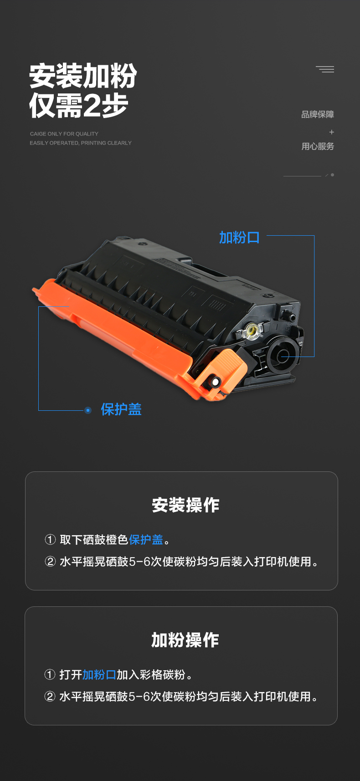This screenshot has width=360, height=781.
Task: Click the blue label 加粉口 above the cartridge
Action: pos(239,238)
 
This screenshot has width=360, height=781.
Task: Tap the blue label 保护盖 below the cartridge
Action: pos(121,409)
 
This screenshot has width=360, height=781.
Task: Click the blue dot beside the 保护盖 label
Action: pos(88,410)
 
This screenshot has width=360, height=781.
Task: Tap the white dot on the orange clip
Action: pos(215,383)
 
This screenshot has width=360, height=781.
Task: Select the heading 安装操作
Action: pos(185,505)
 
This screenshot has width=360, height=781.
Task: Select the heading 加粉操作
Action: pos(185,640)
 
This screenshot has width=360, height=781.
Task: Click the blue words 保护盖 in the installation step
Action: pos(146,540)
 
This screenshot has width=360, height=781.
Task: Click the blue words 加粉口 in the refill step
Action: pos(99,675)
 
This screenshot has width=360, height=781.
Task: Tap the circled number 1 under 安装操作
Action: pos(50,540)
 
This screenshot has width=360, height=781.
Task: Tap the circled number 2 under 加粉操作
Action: pos(50,697)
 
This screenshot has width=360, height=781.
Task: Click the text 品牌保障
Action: pos(318,114)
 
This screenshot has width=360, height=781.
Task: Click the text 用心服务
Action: pos(318,146)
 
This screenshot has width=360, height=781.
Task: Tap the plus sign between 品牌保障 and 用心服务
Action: pos(331,132)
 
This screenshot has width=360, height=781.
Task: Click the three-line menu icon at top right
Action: pos(325,69)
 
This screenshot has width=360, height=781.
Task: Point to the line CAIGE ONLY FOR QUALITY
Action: pos(64,134)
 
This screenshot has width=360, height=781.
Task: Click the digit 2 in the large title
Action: pos(92,105)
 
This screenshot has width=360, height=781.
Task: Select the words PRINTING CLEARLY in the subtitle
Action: pos(106,143)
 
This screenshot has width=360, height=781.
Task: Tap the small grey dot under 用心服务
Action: pos(333,175)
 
